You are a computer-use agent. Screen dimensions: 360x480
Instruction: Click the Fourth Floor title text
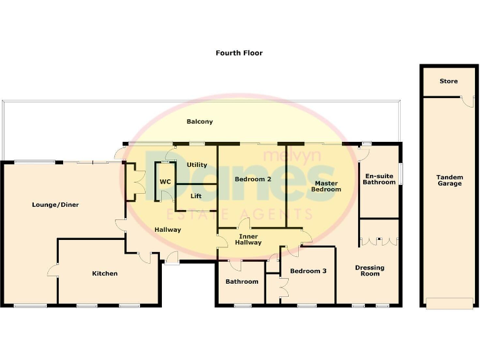[x=239, y=53]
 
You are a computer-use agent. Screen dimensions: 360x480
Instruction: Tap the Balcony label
[x=200, y=122]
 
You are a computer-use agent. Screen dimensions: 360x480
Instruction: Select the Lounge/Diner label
[x=56, y=204]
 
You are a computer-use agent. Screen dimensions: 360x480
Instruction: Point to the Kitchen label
[x=104, y=273]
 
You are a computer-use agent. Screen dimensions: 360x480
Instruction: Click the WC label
[x=165, y=182]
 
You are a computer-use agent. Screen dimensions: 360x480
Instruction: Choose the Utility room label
[x=197, y=165]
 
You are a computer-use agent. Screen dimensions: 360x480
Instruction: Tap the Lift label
[x=196, y=196]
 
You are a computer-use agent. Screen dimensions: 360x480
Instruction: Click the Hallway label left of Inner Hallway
[x=167, y=229]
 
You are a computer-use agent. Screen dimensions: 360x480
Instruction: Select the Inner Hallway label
[x=249, y=239]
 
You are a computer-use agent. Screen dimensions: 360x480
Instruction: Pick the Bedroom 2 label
[x=252, y=179]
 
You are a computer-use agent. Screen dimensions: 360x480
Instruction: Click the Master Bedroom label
[x=326, y=186]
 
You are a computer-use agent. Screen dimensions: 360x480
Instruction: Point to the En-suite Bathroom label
[x=379, y=179]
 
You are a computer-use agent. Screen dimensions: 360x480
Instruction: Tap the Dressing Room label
[x=369, y=271]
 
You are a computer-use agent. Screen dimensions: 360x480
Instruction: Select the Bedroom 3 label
[x=308, y=271]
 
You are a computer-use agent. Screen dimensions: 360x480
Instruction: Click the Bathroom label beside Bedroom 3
[x=242, y=281]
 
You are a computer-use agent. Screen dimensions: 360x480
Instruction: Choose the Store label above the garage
[x=448, y=81]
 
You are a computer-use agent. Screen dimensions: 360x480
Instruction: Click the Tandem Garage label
[x=449, y=180]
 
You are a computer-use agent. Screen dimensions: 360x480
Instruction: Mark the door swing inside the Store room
[x=466, y=102]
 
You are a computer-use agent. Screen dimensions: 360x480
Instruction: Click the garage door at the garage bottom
[x=449, y=304]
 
